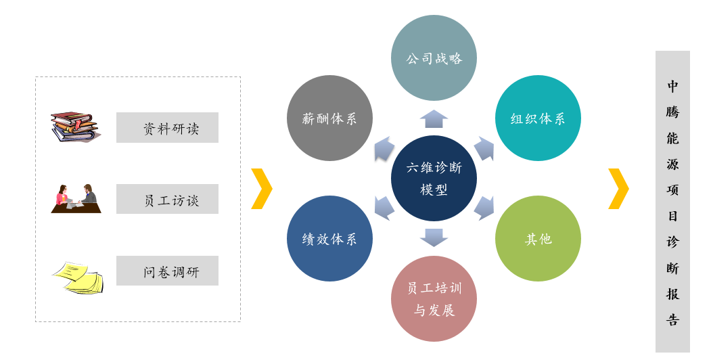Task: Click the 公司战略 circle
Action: pyautogui.click(x=434, y=58)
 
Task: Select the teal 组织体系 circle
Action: pyautogui.click(x=538, y=118)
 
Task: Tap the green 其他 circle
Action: pyautogui.click(x=538, y=238)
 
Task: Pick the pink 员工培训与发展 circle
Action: pyautogui.click(x=434, y=299)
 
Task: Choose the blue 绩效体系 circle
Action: pyautogui.click(x=329, y=238)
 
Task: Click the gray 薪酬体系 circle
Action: pyautogui.click(x=329, y=118)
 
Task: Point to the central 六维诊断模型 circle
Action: pyautogui.click(x=434, y=178)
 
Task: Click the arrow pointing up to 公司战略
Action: pyautogui.click(x=434, y=119)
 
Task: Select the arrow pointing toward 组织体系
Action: pyautogui.click(x=484, y=148)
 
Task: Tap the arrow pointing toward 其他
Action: pyautogui.click(x=484, y=208)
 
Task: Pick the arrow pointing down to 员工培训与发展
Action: pyautogui.click(x=434, y=238)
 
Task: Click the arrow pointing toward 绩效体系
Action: pyautogui.click(x=384, y=208)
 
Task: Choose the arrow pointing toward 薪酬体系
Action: pyautogui.click(x=384, y=148)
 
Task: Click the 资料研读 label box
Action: pyautogui.click(x=167, y=127)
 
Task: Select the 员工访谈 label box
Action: pyautogui.click(x=167, y=199)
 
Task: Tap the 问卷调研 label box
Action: pyautogui.click(x=167, y=271)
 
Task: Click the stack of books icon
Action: pyautogui.click(x=75, y=127)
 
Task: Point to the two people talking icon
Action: pyautogui.click(x=76, y=198)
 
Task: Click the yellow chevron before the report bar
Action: pyautogui.click(x=619, y=189)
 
